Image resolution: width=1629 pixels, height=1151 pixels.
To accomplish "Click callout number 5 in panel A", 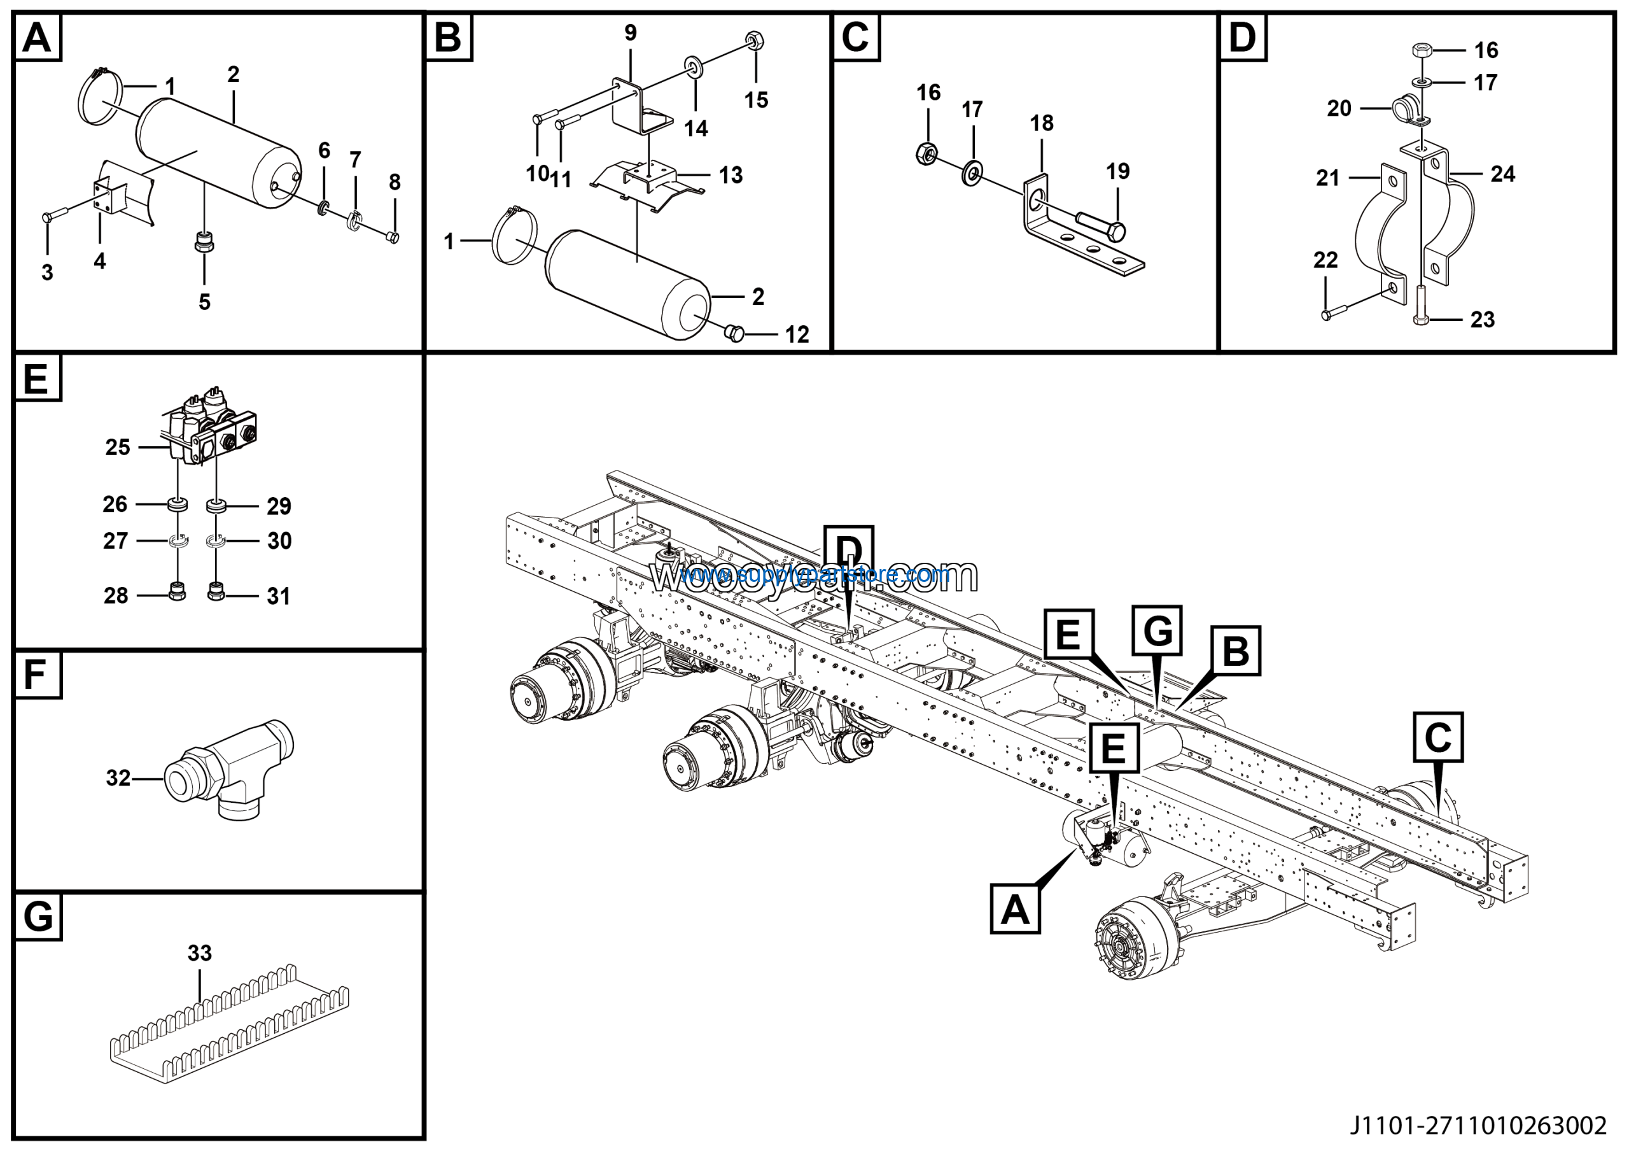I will (204, 302).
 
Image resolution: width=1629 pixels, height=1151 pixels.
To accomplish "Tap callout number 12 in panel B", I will (797, 335).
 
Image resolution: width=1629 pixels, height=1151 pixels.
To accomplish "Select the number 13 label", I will (731, 175).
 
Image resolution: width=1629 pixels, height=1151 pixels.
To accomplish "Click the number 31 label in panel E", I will (279, 596).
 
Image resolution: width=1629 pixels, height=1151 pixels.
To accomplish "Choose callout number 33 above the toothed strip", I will (199, 953).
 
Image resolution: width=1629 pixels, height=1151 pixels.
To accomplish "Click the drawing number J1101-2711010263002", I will (1478, 1126).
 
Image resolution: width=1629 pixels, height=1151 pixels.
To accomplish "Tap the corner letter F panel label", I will (36, 674).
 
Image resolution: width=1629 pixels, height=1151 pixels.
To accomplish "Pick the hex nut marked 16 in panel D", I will (1420, 50).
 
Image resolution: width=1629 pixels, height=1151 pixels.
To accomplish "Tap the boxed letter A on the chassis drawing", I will (1014, 909).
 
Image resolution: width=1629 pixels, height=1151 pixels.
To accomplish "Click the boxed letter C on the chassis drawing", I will (1437, 737).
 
